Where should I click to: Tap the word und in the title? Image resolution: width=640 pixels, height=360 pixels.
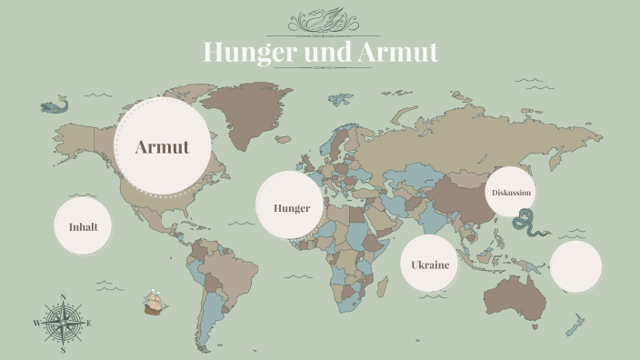320,52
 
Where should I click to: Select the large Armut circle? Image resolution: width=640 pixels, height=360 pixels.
162,147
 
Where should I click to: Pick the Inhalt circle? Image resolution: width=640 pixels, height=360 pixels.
83,226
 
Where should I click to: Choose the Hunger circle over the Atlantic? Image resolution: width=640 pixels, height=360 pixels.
291,207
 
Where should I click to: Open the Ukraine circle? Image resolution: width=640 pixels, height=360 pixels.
430,265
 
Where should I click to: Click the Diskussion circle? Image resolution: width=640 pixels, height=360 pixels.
510,193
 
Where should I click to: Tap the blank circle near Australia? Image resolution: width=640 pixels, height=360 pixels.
575,265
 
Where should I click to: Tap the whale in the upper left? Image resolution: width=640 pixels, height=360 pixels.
54,105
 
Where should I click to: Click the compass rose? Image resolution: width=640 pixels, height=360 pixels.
63,323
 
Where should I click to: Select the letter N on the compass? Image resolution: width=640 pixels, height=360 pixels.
63,296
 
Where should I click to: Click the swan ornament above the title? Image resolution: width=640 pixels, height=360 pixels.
320,20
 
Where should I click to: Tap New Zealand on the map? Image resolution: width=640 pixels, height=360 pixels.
575,324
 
